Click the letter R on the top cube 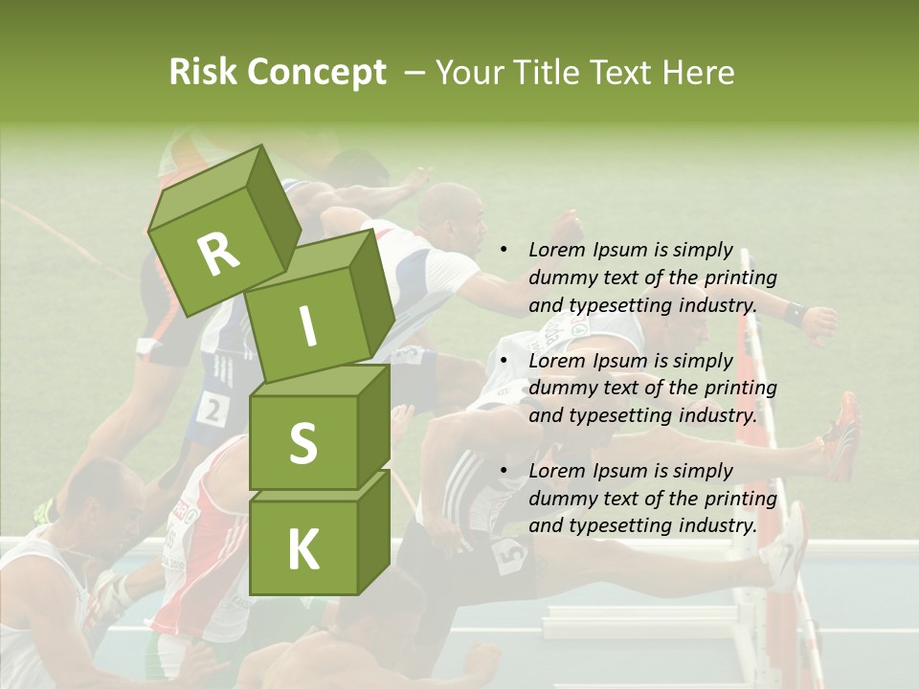pos(218,254)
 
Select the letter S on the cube pos(303,443)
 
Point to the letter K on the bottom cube pos(303,549)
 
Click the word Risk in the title pos(202,72)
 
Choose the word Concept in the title pos(316,73)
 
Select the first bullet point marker pos(504,251)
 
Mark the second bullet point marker pos(504,361)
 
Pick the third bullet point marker pos(504,471)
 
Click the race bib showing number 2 pos(212,410)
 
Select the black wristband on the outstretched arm pos(794,312)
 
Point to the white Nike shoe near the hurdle pos(785,550)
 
